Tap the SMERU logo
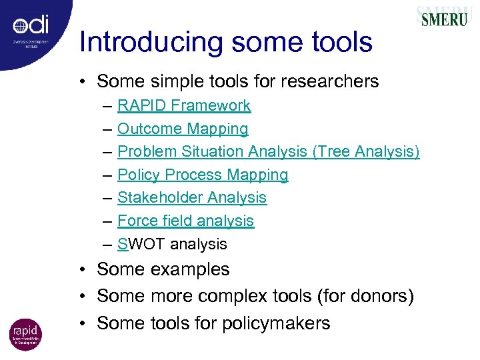pyautogui.click(x=444, y=17)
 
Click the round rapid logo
pyautogui.click(x=25, y=334)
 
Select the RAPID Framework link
pyautogui.click(x=184, y=105)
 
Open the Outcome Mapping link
pyautogui.click(x=183, y=129)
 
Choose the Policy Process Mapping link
pyautogui.click(x=203, y=175)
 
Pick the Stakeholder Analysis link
pyautogui.click(x=192, y=197)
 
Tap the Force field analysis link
pyautogui.click(x=185, y=221)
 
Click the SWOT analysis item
pyautogui.click(x=172, y=244)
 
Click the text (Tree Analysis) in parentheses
pyautogui.click(x=366, y=152)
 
